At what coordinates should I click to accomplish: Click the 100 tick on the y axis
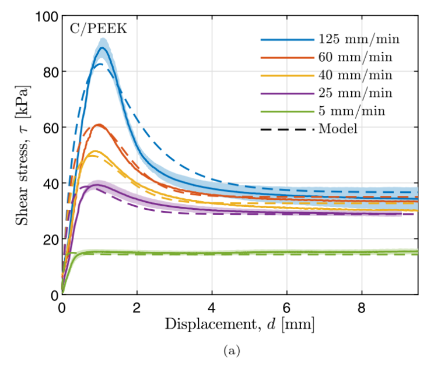tap(45, 16)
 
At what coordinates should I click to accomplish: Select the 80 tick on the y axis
tap(48, 72)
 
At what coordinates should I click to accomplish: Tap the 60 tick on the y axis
tap(48, 128)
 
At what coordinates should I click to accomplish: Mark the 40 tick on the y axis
tap(48, 183)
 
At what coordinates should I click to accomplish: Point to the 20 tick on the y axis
tap(48, 239)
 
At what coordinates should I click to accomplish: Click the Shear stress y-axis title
tap(22, 155)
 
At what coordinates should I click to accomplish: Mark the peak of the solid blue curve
tap(102, 48)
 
